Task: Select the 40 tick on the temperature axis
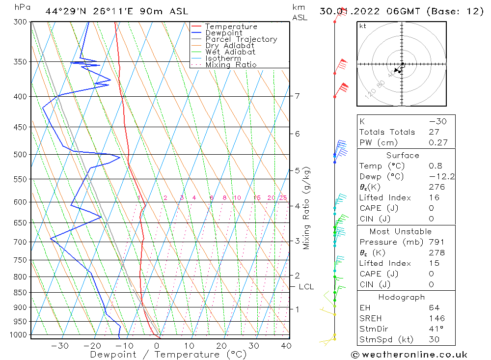point(286,345)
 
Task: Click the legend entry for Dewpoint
point(223,33)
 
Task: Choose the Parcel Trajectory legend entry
point(241,39)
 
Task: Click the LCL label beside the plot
point(306,287)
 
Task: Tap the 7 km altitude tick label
point(298,96)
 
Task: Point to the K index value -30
point(437,121)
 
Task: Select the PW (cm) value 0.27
point(438,143)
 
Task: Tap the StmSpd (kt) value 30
point(434,340)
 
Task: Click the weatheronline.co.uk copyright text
point(409,355)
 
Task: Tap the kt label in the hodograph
point(363,26)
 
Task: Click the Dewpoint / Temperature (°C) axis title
point(168,354)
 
